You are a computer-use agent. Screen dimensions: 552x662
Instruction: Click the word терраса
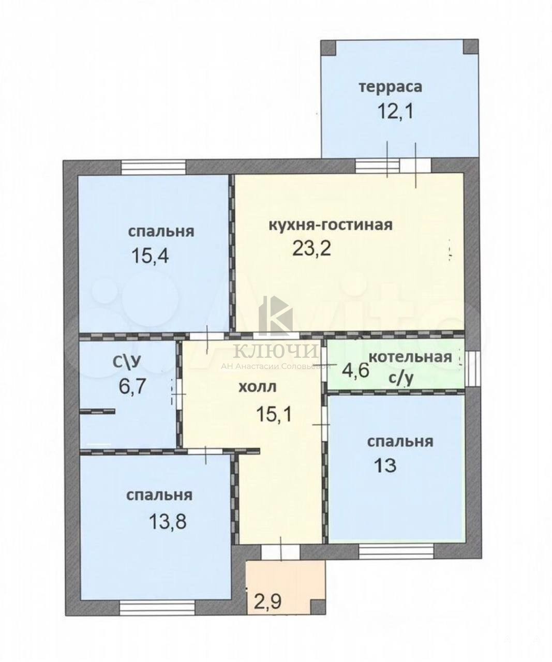pyautogui.click(x=390, y=87)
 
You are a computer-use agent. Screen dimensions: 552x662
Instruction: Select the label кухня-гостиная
pyautogui.click(x=331, y=224)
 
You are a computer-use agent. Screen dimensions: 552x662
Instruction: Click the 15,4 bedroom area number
pyautogui.click(x=150, y=255)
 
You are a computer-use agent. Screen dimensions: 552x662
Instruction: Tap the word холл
pyautogui.click(x=257, y=387)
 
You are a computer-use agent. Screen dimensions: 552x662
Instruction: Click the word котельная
pyautogui.click(x=410, y=357)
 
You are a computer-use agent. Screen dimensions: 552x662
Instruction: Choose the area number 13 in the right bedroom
pyautogui.click(x=385, y=465)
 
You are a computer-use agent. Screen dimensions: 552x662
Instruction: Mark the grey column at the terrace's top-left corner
pyautogui.click(x=329, y=48)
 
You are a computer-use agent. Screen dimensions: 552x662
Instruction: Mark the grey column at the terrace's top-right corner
pyautogui.click(x=470, y=47)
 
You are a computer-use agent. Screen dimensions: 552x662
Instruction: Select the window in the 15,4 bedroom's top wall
pyautogui.click(x=154, y=167)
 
